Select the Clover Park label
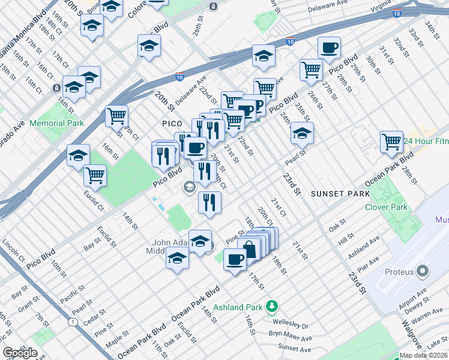(386, 207)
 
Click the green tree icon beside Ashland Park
(272, 306)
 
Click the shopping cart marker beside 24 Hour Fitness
(391, 142)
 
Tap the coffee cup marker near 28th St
(328, 48)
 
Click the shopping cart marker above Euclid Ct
(95, 175)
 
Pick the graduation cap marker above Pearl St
(302, 133)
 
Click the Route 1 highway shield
(73, 322)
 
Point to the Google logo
(20, 353)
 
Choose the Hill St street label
(346, 239)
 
